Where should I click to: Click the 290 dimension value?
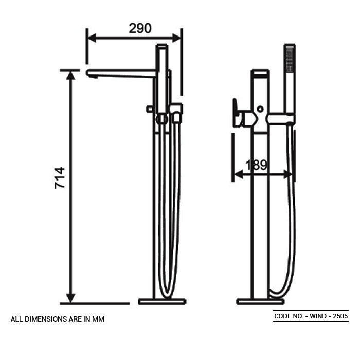[x=140, y=29]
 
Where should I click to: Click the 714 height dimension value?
[x=60, y=177]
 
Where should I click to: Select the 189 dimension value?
[x=256, y=166]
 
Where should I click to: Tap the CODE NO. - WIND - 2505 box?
[x=311, y=316]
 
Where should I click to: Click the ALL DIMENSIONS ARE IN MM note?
[x=58, y=319]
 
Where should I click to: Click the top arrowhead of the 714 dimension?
[x=71, y=75]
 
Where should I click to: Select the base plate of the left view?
[x=162, y=301]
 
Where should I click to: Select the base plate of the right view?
[x=260, y=301]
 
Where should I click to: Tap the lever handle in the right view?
[x=237, y=113]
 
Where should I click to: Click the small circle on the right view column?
[x=260, y=109]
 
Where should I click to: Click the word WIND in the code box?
[x=318, y=316]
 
